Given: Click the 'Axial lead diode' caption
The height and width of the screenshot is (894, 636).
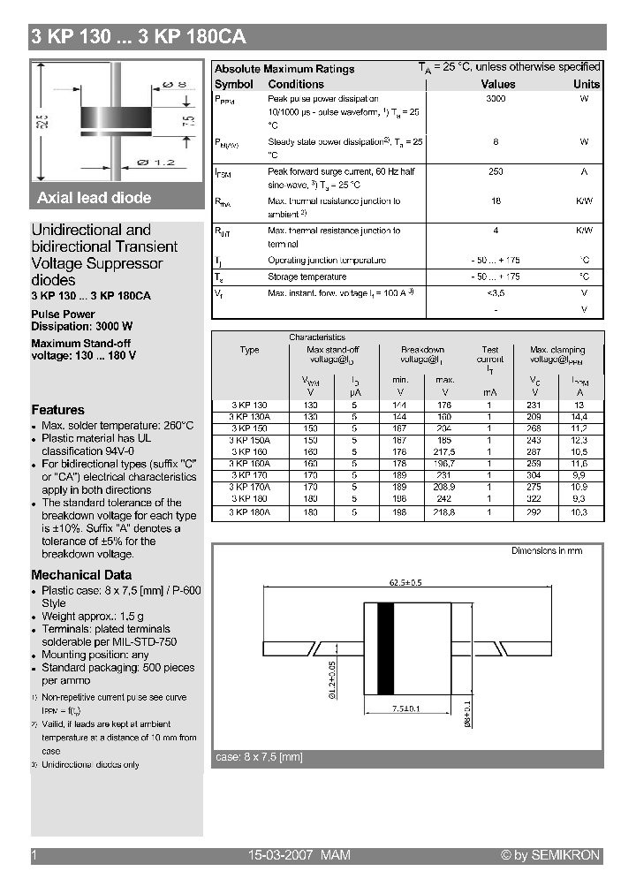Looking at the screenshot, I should pyautogui.click(x=95, y=198).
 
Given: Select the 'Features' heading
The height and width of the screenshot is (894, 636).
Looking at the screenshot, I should pyautogui.click(x=58, y=410).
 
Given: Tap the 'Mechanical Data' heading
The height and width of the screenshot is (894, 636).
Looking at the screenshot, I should pyautogui.click(x=81, y=575).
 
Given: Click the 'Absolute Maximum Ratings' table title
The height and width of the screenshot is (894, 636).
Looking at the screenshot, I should pyautogui.click(x=284, y=69).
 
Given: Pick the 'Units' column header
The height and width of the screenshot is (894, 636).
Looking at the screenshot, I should pyautogui.click(x=587, y=84).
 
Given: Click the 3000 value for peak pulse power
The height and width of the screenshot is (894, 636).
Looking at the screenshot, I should pyautogui.click(x=496, y=99).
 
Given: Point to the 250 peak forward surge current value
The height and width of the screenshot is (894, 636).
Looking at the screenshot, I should pyautogui.click(x=496, y=171).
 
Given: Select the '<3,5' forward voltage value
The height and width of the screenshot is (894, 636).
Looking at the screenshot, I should pyautogui.click(x=496, y=292).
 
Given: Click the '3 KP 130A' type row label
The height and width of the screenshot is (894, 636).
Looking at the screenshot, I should pyautogui.click(x=250, y=415).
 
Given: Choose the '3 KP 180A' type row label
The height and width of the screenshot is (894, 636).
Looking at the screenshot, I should pyautogui.click(x=250, y=512).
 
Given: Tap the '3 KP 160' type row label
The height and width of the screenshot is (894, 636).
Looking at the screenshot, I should pyautogui.click(x=248, y=451).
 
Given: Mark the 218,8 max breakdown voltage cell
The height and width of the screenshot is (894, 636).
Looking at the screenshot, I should pyautogui.click(x=444, y=512).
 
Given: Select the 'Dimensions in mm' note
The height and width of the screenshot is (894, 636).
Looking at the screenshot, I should pyautogui.click(x=547, y=550).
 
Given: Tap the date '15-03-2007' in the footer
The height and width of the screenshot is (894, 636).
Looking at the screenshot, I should pyautogui.click(x=277, y=855).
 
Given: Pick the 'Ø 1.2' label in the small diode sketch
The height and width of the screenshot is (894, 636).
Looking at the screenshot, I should pyautogui.click(x=156, y=163).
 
